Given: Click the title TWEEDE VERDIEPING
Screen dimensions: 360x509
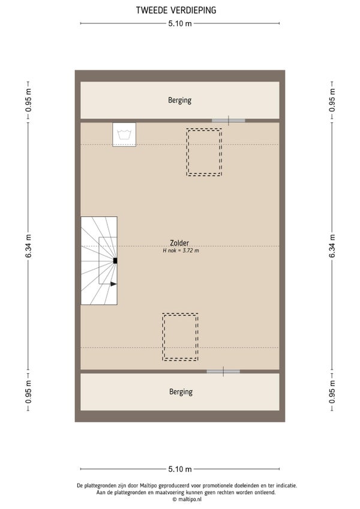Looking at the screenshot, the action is (x=176, y=10).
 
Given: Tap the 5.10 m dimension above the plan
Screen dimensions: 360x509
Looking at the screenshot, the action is (x=180, y=23).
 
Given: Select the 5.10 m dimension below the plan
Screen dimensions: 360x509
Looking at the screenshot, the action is (x=180, y=469).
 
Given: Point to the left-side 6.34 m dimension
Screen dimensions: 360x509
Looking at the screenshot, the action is (x=29, y=246).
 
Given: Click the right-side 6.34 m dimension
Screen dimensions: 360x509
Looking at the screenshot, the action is (x=332, y=246).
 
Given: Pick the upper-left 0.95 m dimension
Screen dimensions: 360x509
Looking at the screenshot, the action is (x=29, y=100).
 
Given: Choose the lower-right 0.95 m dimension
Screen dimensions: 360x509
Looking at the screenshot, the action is (x=332, y=392).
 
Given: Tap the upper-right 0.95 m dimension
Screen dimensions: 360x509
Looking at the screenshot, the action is (x=332, y=100).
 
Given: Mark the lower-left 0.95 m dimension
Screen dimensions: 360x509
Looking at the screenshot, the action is (x=29, y=392).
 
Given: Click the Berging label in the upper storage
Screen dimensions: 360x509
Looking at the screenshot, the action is (x=179, y=100).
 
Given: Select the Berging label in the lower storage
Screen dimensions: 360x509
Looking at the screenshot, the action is (x=181, y=392).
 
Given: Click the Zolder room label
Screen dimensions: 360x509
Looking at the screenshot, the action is (x=179, y=243).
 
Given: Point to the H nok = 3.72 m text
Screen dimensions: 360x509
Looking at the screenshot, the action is (x=181, y=251).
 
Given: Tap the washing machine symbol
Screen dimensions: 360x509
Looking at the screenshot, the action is (x=124, y=134).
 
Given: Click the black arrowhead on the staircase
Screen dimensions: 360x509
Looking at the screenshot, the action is (x=113, y=284).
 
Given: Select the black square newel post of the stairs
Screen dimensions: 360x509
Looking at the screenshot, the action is (x=115, y=261).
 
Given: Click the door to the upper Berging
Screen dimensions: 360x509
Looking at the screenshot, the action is (x=229, y=121).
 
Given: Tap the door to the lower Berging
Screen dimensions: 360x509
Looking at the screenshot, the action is (x=223, y=372).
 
